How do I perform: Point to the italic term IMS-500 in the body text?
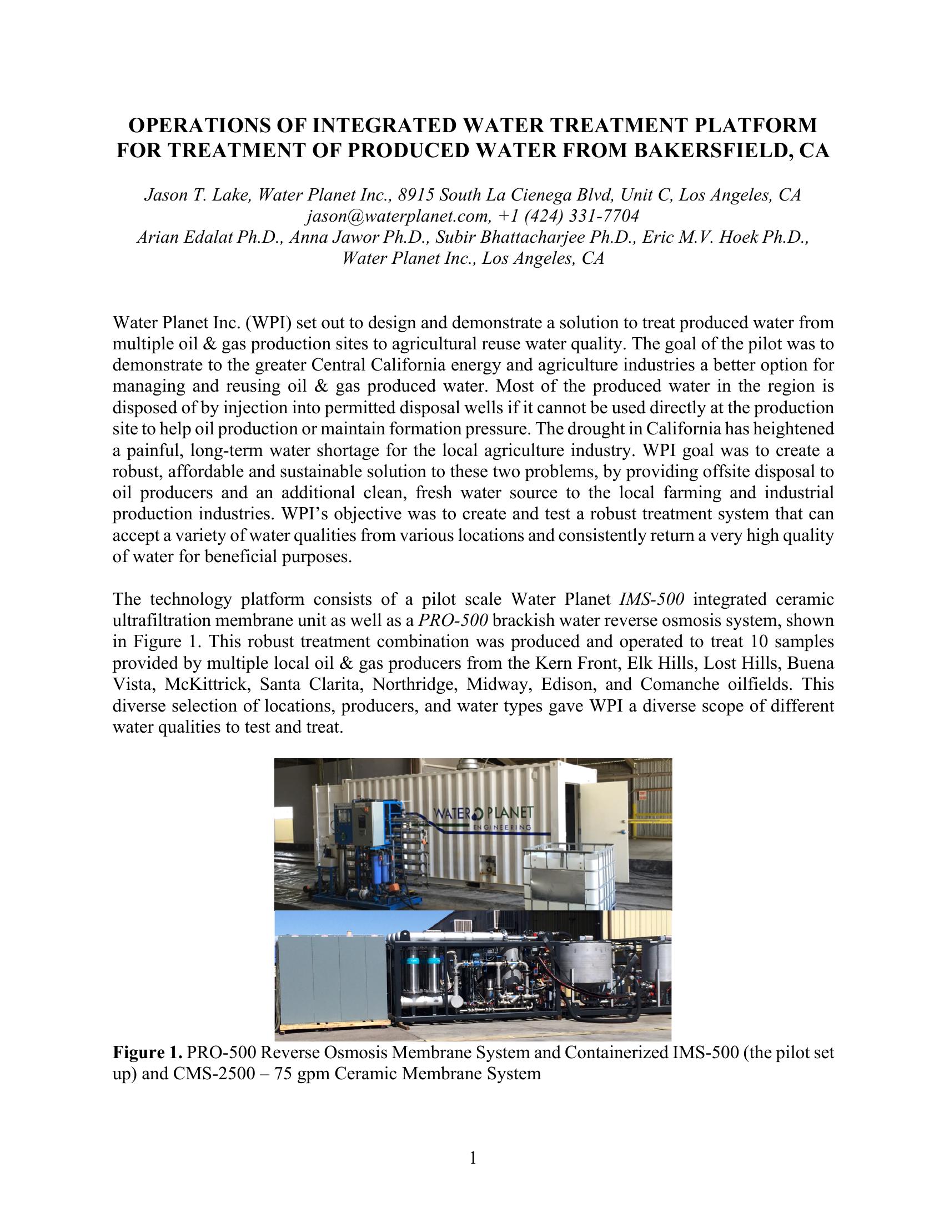651,599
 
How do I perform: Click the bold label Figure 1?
148,1053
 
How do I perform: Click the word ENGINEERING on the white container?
501,827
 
